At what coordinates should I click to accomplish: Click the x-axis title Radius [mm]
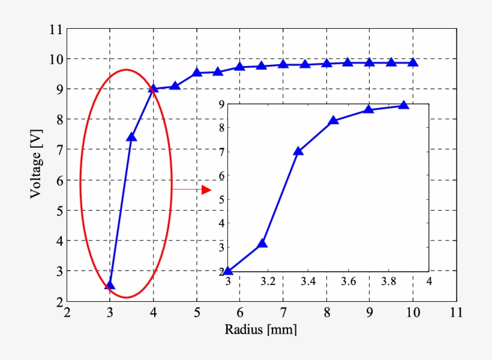pyautogui.click(x=261, y=329)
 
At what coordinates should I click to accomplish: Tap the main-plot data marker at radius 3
pyautogui.click(x=110, y=284)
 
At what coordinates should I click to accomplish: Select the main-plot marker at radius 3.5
pyautogui.click(x=131, y=137)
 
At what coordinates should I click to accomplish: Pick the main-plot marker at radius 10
pyautogui.click(x=413, y=62)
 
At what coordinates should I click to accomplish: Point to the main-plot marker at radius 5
pyautogui.click(x=197, y=73)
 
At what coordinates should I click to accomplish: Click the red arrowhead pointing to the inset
pyautogui.click(x=206, y=190)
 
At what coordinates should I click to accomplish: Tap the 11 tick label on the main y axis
pyautogui.click(x=55, y=29)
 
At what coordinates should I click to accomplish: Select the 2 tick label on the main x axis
pyautogui.click(x=67, y=313)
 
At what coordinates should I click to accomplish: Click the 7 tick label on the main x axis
pyautogui.click(x=283, y=313)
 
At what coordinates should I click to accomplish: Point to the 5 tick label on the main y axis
pyautogui.click(x=58, y=211)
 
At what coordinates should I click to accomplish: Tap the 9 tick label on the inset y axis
pyautogui.click(x=221, y=104)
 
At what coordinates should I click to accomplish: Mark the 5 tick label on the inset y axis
pyautogui.click(x=221, y=199)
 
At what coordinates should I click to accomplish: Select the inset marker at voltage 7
pyautogui.click(x=298, y=151)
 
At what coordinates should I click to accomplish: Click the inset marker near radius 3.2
pyautogui.click(x=262, y=244)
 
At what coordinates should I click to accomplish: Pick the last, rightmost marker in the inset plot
pyautogui.click(x=403, y=106)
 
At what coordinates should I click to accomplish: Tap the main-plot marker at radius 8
pyautogui.click(x=326, y=63)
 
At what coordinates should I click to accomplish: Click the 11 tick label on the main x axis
pyautogui.click(x=456, y=313)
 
